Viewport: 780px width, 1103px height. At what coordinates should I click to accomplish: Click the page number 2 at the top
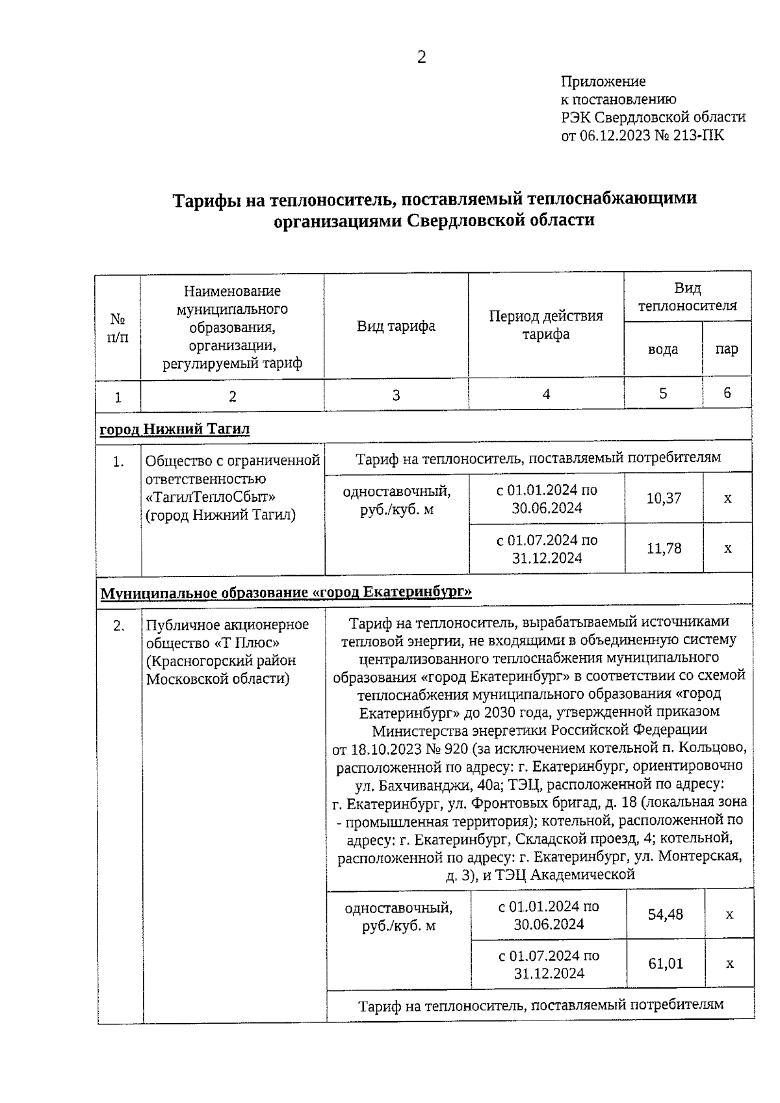(421, 58)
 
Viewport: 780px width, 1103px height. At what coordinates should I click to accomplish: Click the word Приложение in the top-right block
(603, 82)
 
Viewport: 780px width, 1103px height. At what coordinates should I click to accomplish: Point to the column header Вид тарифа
(396, 326)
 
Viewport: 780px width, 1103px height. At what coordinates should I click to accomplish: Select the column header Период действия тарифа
(546, 325)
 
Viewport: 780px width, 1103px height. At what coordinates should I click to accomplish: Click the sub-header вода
(663, 349)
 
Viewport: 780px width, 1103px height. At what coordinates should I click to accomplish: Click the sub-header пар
(727, 349)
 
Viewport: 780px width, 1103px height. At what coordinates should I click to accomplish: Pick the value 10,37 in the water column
(664, 499)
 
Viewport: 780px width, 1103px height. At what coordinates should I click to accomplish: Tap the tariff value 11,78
(664, 549)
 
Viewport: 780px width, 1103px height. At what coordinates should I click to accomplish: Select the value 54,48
(666, 915)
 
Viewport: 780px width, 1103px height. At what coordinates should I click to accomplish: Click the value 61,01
(666, 964)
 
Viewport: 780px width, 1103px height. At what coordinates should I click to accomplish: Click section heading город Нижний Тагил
(174, 429)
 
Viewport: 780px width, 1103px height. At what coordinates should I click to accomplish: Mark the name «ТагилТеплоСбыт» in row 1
(211, 497)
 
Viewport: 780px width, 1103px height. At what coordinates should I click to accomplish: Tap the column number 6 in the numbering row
(727, 393)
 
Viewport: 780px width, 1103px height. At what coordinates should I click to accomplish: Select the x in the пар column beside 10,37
(727, 499)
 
